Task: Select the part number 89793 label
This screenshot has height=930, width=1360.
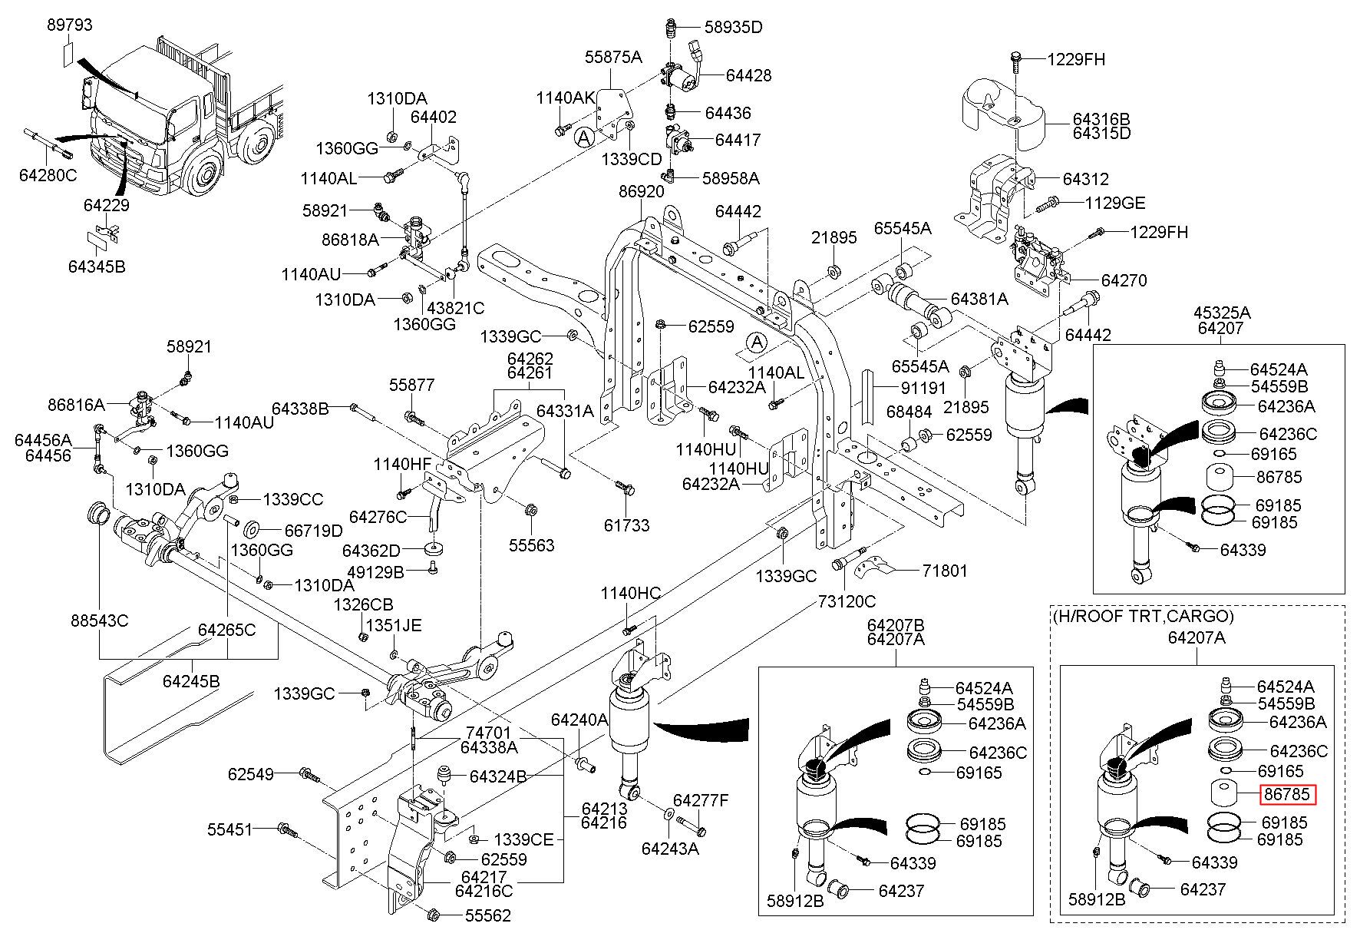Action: pos(69,25)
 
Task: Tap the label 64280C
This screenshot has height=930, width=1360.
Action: pos(48,175)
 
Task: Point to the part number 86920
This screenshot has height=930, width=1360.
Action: pos(642,192)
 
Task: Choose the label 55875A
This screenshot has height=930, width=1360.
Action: pos(613,57)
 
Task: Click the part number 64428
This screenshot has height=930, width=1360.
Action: pos(748,75)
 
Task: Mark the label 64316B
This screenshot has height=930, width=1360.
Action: pos(1101,119)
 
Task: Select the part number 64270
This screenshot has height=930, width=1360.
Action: pos(1124,280)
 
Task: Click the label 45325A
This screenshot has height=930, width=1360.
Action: pos(1222,313)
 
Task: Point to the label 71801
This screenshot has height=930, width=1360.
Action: pos(945,571)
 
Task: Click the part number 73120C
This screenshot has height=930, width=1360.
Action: pos(845,602)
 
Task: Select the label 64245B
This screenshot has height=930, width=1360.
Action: pos(191,680)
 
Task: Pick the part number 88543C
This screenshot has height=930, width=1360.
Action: pos(100,620)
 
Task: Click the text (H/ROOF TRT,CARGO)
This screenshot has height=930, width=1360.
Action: pos(1143,616)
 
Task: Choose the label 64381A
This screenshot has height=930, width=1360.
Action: pos(979,299)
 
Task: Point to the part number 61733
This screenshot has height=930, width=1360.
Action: pos(626,525)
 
